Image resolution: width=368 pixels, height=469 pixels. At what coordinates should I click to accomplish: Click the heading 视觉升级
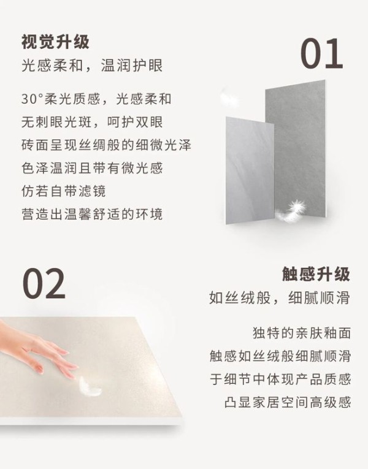[x=55, y=42]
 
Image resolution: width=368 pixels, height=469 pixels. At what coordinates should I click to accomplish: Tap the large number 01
[x=321, y=54]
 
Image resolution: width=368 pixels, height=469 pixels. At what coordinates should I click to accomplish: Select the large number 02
[x=44, y=284]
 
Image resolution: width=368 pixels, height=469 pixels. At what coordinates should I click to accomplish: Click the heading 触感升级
[x=316, y=273]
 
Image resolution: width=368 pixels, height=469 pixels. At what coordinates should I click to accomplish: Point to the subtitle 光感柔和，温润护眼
[x=92, y=66]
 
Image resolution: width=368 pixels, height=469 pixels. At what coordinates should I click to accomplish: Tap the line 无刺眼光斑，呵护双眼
[x=92, y=122]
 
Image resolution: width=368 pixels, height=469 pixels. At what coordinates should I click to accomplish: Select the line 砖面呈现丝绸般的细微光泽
[x=106, y=145]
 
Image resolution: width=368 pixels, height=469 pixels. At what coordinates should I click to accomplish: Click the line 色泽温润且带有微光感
[x=92, y=168]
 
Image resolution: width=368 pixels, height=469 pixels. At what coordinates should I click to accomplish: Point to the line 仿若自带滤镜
[x=63, y=191]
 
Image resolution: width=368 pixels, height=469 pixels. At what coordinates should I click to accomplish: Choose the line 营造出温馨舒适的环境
[x=92, y=214]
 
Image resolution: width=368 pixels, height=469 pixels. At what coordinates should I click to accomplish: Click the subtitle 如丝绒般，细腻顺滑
[x=280, y=297]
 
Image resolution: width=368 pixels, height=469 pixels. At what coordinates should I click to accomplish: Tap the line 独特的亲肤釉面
[x=302, y=333]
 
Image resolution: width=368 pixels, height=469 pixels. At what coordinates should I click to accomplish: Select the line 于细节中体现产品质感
[x=280, y=379]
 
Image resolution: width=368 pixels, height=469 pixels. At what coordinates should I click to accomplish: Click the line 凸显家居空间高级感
[x=287, y=402]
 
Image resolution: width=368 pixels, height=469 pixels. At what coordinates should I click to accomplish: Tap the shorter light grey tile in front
[x=250, y=170]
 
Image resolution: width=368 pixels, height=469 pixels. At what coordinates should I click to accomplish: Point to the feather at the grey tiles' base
[x=291, y=211]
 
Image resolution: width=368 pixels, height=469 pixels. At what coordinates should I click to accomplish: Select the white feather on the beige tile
[x=90, y=386]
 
